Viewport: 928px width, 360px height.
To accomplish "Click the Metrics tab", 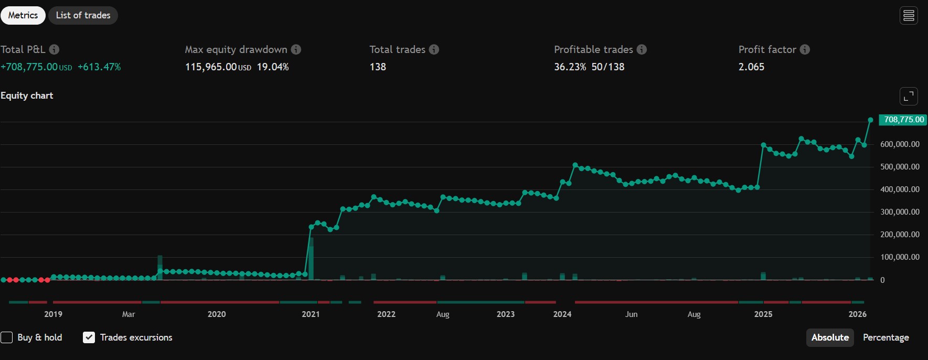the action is pyautogui.click(x=23, y=15).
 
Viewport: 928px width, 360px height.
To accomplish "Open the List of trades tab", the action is pyautogui.click(x=83, y=15).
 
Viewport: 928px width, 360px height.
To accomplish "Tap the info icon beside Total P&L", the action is pyautogui.click(x=54, y=49).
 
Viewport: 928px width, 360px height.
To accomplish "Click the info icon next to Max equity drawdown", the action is pyautogui.click(x=296, y=49).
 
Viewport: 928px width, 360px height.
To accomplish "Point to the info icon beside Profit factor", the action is pyautogui.click(x=805, y=49).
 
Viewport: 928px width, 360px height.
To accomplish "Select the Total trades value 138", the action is pyautogui.click(x=378, y=67).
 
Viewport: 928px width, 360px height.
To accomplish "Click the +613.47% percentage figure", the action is pyautogui.click(x=99, y=67).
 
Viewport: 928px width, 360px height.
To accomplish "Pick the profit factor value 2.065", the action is pyautogui.click(x=751, y=67).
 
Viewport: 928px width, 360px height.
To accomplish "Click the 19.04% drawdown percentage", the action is pyautogui.click(x=273, y=67).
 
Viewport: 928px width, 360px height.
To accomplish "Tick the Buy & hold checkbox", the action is pyautogui.click(x=7, y=337).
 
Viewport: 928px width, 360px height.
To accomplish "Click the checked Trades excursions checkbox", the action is pyautogui.click(x=89, y=337).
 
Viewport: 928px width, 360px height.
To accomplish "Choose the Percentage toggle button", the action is pyautogui.click(x=886, y=337).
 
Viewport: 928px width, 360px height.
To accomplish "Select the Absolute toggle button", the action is pyautogui.click(x=830, y=337).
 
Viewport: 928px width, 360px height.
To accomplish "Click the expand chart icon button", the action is pyautogui.click(x=909, y=96).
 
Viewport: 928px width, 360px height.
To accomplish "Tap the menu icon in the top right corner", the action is pyautogui.click(x=909, y=16).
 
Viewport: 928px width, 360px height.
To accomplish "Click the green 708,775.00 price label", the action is pyautogui.click(x=903, y=120).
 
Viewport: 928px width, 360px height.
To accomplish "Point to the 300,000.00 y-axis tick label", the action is pyautogui.click(x=900, y=212).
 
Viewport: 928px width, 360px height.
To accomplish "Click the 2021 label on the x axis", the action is pyautogui.click(x=311, y=314).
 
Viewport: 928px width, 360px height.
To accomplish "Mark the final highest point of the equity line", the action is pyautogui.click(x=870, y=120).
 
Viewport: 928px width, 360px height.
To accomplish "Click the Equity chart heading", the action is pyautogui.click(x=27, y=96).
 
